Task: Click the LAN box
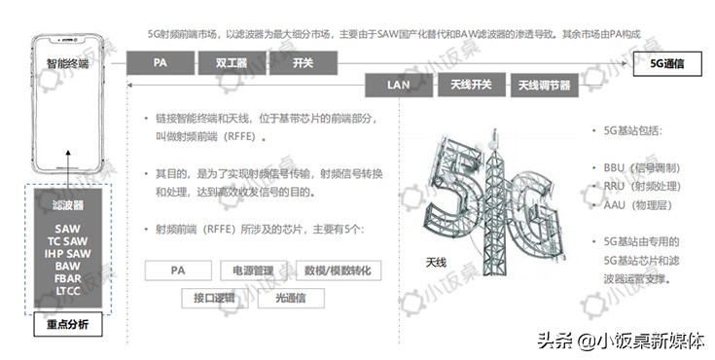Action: (398, 86)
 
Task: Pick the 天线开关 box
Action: (471, 86)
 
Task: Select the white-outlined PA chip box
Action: (178, 270)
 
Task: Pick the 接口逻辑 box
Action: (215, 298)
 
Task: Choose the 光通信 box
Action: (291, 298)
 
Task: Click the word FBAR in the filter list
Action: (68, 278)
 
